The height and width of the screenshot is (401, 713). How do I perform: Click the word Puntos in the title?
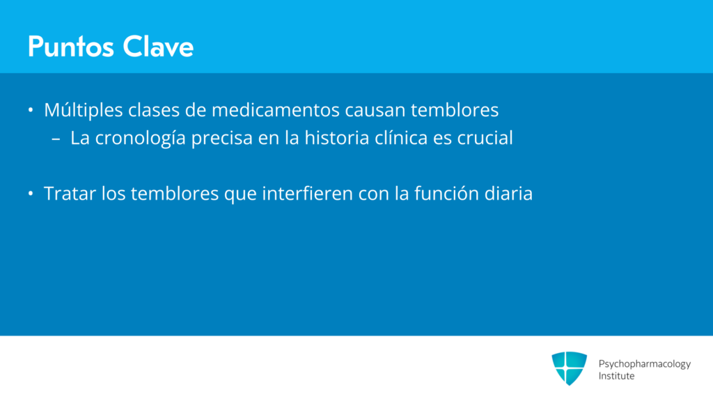pos(70,47)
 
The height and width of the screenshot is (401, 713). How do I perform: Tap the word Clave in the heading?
pos(158,47)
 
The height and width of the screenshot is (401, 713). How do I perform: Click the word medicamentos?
pos(276,110)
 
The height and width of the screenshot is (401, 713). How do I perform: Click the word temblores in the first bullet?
pos(455,110)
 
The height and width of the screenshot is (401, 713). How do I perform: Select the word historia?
pos(337,138)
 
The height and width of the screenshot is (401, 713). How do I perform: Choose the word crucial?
pos(485,138)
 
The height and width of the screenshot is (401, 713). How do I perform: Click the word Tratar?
pos(70,194)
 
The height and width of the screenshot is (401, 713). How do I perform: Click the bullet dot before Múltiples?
pos(31,110)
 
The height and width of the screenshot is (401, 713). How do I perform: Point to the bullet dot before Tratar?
pos(31,194)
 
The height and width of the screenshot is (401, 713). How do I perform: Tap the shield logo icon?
pos(570,368)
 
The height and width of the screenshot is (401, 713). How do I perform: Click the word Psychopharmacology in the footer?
pos(644,364)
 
